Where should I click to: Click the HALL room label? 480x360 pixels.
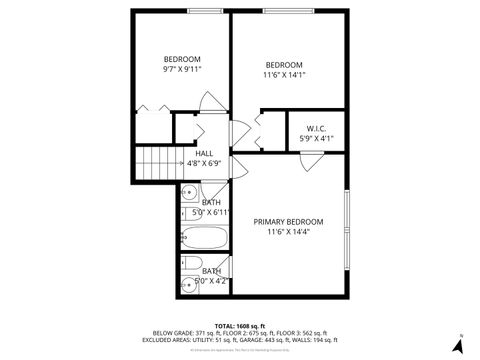click(203, 153)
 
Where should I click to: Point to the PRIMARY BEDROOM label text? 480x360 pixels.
click(288, 221)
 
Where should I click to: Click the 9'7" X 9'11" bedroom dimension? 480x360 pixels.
click(182, 69)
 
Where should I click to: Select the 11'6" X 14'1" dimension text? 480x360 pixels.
click(284, 75)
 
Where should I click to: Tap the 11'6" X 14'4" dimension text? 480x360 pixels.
click(288, 232)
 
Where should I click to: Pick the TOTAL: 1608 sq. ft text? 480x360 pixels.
click(239, 326)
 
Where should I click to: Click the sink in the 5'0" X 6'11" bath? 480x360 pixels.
click(189, 211)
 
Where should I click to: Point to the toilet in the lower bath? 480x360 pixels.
click(190, 266)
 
